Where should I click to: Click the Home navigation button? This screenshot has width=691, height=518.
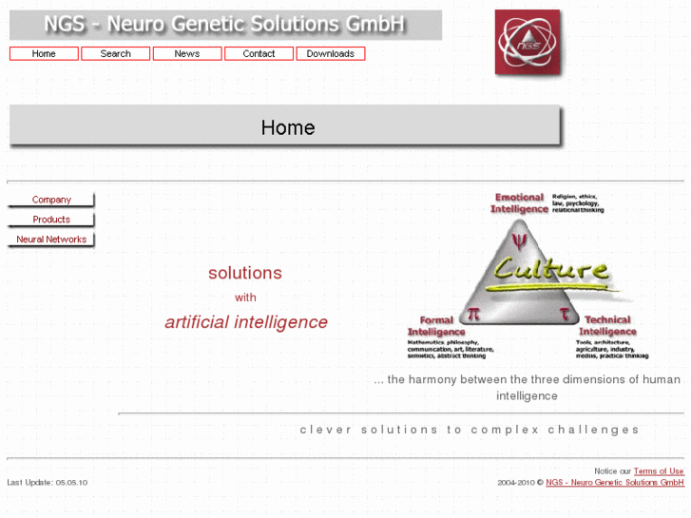pyautogui.click(x=44, y=54)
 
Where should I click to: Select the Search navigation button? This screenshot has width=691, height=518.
pyautogui.click(x=115, y=54)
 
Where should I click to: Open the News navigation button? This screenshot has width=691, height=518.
pyautogui.click(x=187, y=54)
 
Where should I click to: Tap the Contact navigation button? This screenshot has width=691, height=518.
pyautogui.click(x=259, y=54)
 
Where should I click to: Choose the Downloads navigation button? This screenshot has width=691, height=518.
pyautogui.click(x=331, y=54)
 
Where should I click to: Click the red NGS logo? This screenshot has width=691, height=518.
pyautogui.click(x=528, y=42)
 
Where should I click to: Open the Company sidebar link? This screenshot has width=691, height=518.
pyautogui.click(x=51, y=200)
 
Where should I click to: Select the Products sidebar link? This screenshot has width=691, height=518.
pyautogui.click(x=51, y=220)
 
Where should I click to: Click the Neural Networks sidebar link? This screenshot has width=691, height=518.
pyautogui.click(x=51, y=240)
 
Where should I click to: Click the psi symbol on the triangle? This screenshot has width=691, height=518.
pyautogui.click(x=518, y=238)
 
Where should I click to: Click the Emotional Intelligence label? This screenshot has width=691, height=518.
pyautogui.click(x=519, y=202)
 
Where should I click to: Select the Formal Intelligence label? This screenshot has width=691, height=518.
pyautogui.click(x=436, y=326)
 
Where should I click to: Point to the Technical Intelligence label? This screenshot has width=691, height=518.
pyautogui.click(x=606, y=326)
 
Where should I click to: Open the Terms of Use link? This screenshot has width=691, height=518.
pyautogui.click(x=659, y=471)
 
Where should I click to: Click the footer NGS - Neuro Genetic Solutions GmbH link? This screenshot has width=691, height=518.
pyautogui.click(x=615, y=483)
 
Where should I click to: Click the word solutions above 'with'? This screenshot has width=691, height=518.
pyautogui.click(x=245, y=273)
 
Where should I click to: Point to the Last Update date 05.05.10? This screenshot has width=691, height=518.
pyautogui.click(x=71, y=483)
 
